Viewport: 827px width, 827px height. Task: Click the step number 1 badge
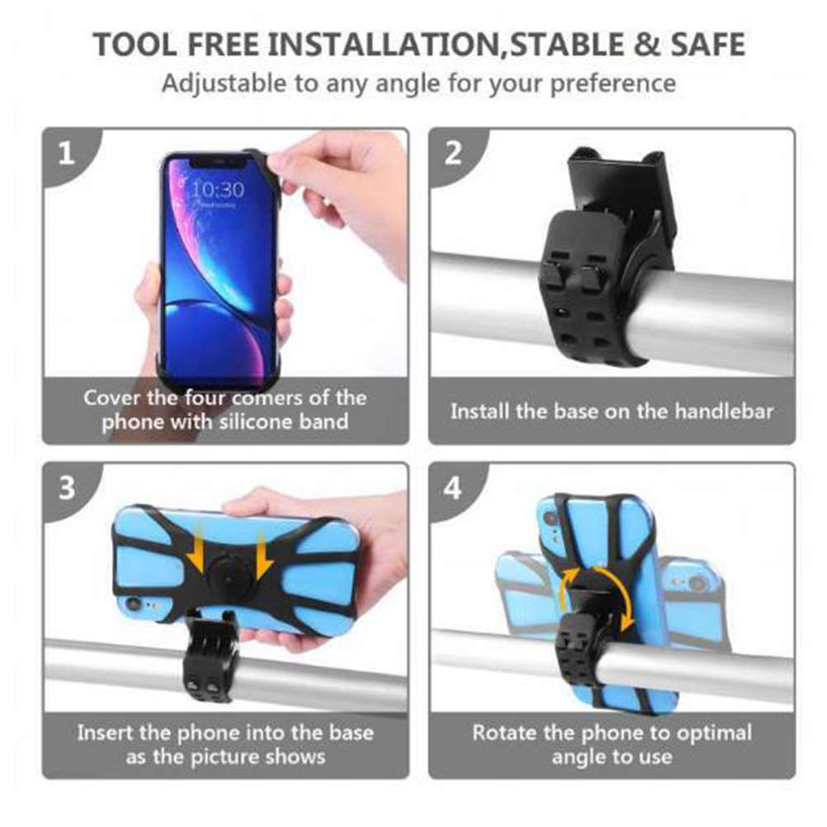(x=66, y=154)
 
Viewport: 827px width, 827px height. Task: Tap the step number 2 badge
(x=452, y=154)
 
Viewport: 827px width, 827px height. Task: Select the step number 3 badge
(x=67, y=489)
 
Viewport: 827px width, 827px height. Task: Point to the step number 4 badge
(x=452, y=489)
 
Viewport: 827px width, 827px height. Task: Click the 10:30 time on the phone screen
(x=217, y=189)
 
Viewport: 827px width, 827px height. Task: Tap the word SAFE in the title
(x=708, y=44)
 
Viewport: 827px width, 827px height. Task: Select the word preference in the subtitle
(x=613, y=84)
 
